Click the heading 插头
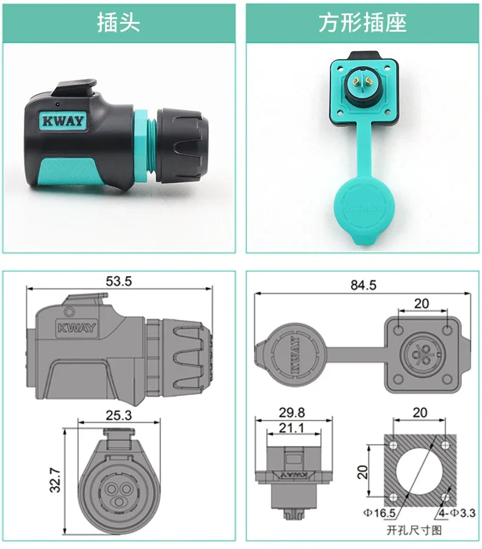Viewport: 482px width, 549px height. (118, 23)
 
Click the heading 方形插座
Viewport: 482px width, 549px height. (362, 23)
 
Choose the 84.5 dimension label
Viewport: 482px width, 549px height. (363, 285)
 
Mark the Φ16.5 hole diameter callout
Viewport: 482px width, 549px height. (381, 513)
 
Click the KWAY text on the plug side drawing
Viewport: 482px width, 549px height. (77, 328)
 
